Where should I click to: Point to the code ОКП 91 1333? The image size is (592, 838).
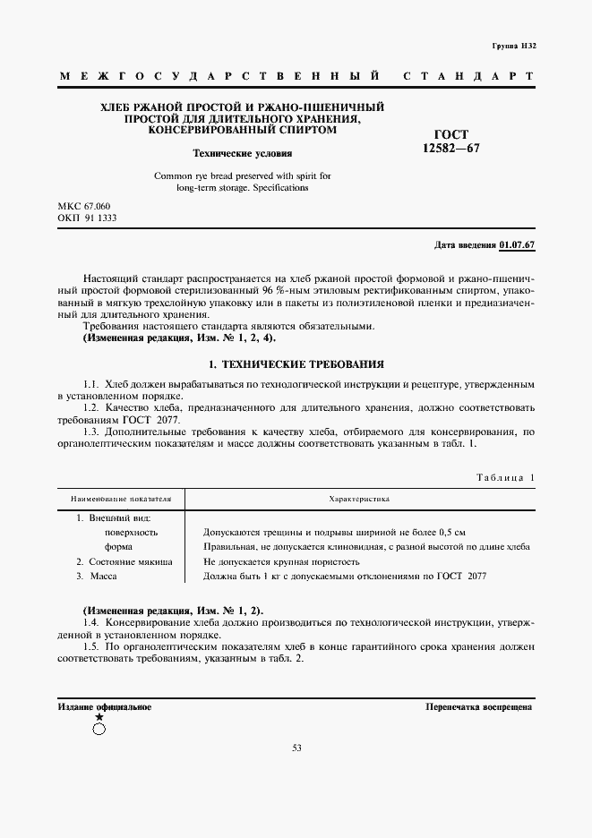87,218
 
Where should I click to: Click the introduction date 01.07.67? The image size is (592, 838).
517,245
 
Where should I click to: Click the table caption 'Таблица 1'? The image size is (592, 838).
504,478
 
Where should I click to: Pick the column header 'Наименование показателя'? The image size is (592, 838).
120,498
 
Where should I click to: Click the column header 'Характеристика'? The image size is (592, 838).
359,498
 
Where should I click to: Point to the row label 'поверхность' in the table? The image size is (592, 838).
131,532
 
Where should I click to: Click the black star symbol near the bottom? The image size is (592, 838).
99,717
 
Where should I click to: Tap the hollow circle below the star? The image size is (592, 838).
99,729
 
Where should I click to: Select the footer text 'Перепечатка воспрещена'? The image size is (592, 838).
479,706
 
